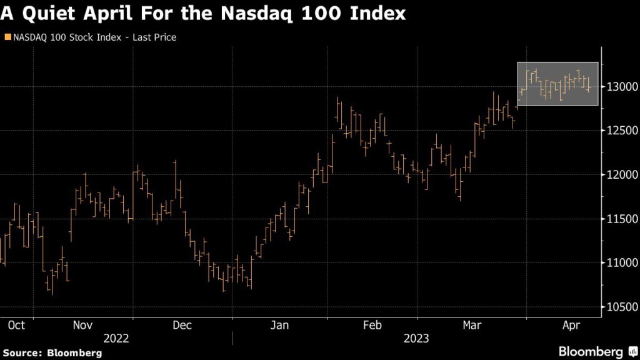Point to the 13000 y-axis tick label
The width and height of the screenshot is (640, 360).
(x=619, y=86)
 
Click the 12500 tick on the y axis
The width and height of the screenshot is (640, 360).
(x=619, y=131)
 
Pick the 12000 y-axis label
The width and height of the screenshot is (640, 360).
(x=619, y=174)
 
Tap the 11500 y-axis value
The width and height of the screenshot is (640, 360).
(x=619, y=219)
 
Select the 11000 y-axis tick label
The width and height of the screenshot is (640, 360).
(x=619, y=262)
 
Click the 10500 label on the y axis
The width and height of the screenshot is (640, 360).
(x=619, y=307)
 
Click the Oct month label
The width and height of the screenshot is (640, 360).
(x=16, y=325)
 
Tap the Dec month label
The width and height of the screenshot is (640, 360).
(x=182, y=325)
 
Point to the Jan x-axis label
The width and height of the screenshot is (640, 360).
(x=279, y=325)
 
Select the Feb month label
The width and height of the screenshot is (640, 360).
(x=372, y=325)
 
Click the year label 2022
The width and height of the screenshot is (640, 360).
(x=117, y=338)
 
